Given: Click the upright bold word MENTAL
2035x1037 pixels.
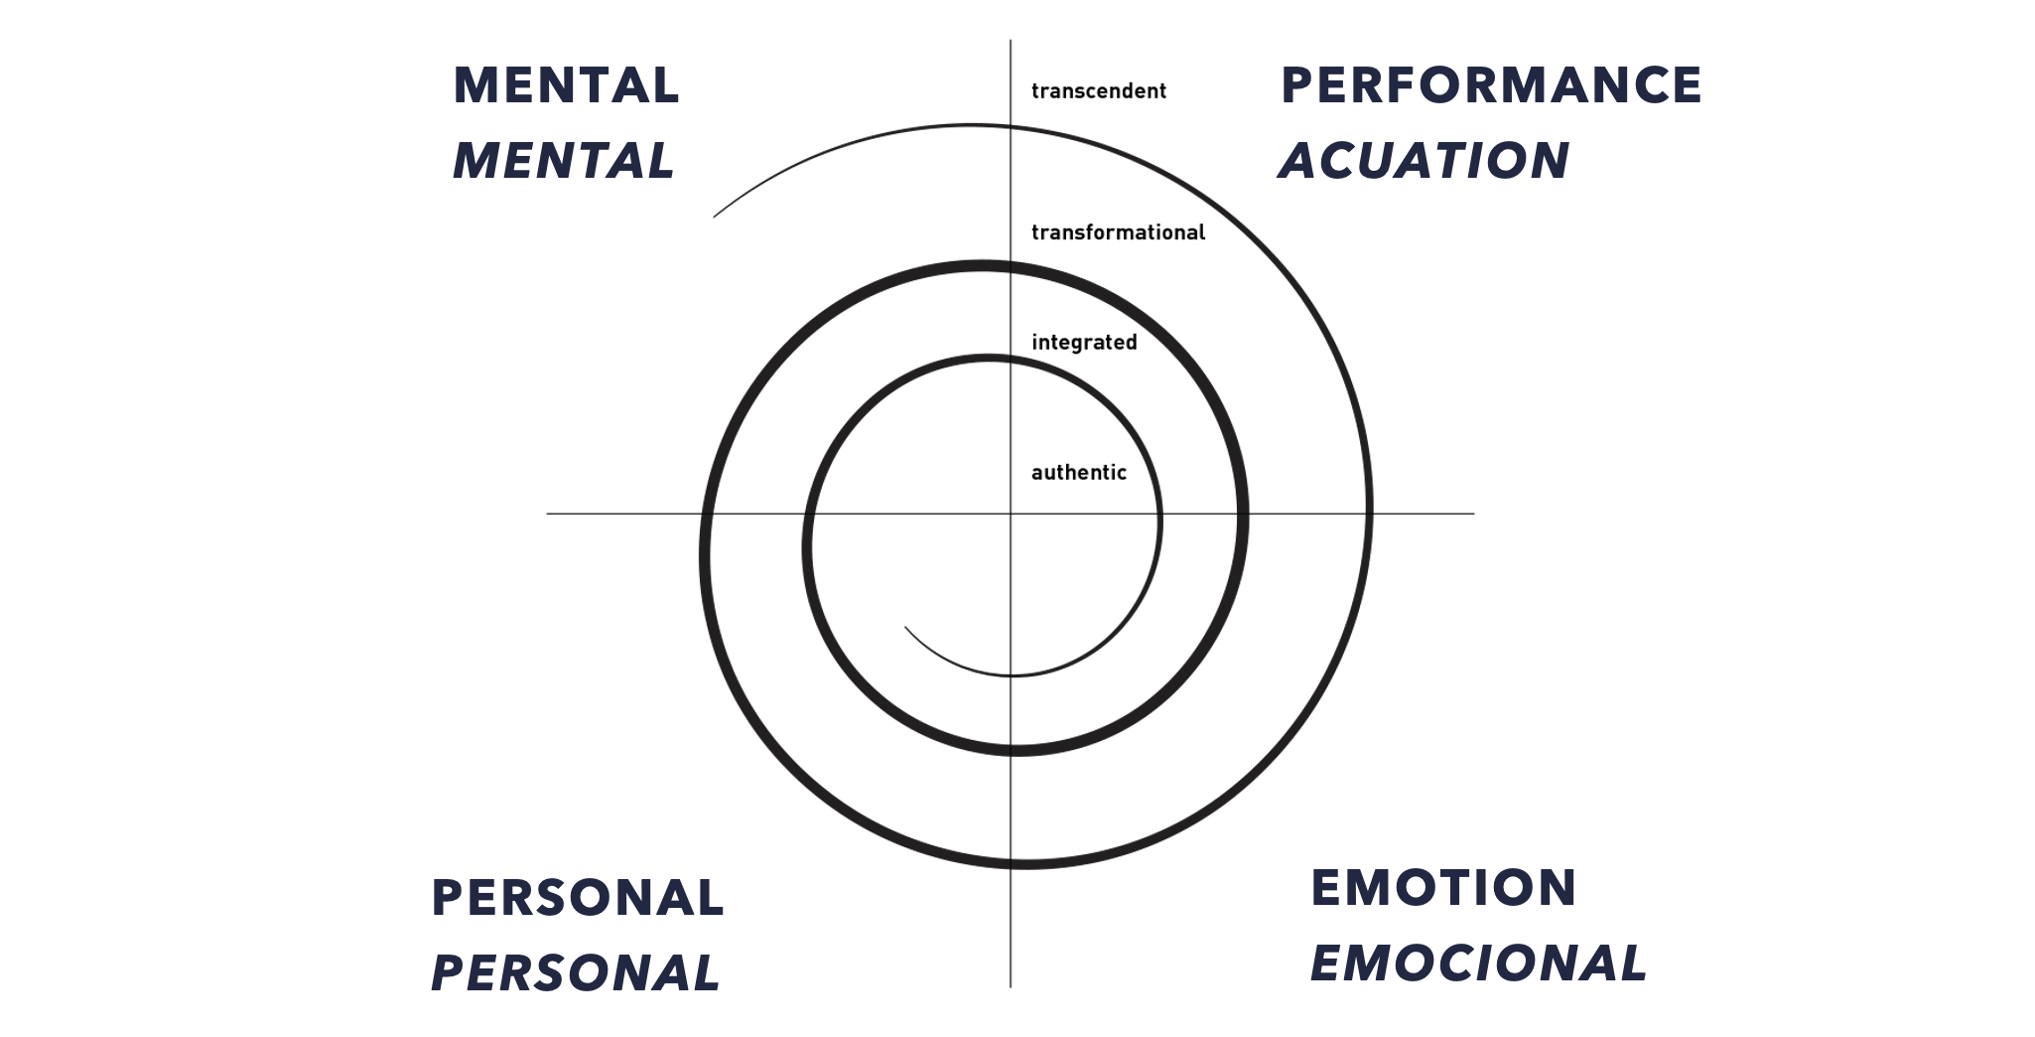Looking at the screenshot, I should [x=566, y=85].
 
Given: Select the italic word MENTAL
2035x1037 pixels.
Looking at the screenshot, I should [x=564, y=161].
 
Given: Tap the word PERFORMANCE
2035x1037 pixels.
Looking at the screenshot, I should [x=1491, y=85].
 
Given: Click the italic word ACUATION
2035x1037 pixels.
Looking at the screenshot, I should [x=1424, y=161].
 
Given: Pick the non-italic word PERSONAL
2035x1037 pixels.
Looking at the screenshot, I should [x=578, y=898].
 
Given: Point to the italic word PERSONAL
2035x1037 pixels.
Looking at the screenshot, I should [x=576, y=973].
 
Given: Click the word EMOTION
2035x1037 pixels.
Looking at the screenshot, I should [x=1443, y=888].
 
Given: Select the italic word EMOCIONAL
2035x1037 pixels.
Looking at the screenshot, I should [x=1478, y=963].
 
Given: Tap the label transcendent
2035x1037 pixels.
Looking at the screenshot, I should [x=1099, y=91].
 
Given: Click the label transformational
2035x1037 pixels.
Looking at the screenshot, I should [x=1118, y=232].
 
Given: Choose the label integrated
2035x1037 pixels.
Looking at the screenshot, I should [x=1084, y=343].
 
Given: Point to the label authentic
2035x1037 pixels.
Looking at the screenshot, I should [x=1079, y=473].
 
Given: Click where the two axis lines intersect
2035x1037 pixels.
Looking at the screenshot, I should [x=1011, y=514].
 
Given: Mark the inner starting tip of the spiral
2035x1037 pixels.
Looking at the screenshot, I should [x=905, y=628].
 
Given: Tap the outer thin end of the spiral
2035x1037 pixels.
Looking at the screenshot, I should [x=715, y=217].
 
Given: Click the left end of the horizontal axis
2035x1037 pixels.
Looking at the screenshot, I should [x=548, y=514].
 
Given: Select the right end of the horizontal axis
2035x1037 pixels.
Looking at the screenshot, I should [x=1473, y=514].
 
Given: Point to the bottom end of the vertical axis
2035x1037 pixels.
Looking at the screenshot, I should [x=1011, y=985].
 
